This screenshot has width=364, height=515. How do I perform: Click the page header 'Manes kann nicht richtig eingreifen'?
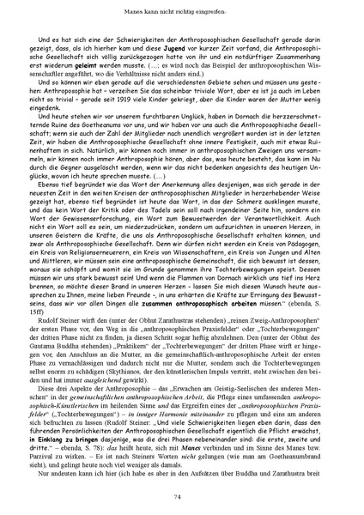[x=182, y=11]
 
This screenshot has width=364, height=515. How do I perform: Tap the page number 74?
[x=182, y=495]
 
